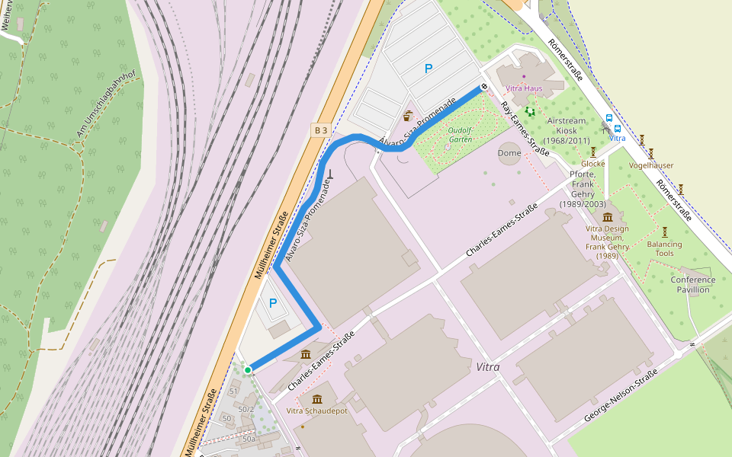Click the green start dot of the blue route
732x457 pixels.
[248, 370]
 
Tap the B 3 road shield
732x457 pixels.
[321, 130]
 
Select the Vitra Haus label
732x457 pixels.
[524, 88]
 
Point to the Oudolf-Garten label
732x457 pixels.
[461, 135]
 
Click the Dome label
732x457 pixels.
[509, 153]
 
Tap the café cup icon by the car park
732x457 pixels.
[408, 117]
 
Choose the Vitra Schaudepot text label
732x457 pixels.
[316, 411]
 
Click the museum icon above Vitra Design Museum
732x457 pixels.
[608, 217]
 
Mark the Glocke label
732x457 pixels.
[592, 164]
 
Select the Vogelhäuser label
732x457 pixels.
[652, 165]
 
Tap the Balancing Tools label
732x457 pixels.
[664, 248]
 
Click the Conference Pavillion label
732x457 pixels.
[693, 284]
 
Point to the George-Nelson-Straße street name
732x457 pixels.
[621, 395]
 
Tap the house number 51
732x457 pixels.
[234, 391]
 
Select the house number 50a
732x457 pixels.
[249, 439]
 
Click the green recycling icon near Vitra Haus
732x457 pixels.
[530, 111]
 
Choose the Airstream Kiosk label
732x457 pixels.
[567, 130]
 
